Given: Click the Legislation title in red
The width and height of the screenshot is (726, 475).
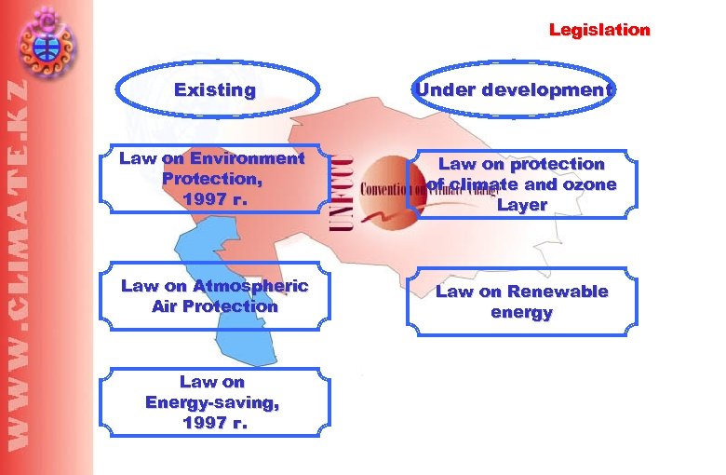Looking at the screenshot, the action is coord(599,30).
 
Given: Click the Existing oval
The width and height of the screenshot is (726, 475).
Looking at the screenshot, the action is coord(216,90).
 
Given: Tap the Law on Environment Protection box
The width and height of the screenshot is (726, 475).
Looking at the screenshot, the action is coord(213,178).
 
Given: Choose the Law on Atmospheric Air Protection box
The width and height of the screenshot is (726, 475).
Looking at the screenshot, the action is coord(213,296).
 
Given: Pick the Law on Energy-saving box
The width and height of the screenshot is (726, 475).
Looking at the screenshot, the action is coord(213,401).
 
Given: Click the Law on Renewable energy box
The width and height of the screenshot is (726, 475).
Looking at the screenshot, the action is coord(521,302).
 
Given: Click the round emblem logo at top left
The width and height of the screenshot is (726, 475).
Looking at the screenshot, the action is coord(46,40).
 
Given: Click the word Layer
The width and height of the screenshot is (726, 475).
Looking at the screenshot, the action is coord(521,205).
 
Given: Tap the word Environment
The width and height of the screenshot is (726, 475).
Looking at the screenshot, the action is coord(248,157).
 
